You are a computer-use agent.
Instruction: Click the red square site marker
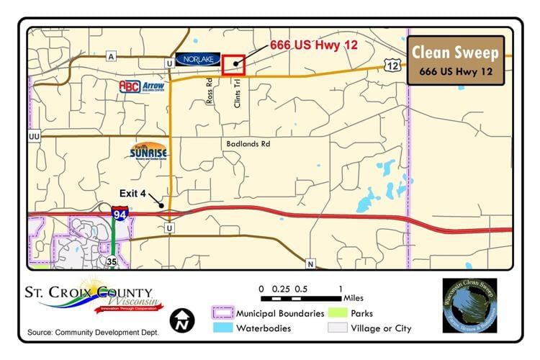point(234,64)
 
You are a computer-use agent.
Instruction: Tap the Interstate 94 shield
point(120,214)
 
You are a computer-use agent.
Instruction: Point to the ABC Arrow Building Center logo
point(142,87)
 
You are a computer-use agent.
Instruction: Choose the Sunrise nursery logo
point(149,151)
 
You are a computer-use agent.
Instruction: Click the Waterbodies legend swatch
point(223,328)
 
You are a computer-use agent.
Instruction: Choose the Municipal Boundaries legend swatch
point(223,313)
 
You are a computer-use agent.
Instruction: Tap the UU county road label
point(34,135)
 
